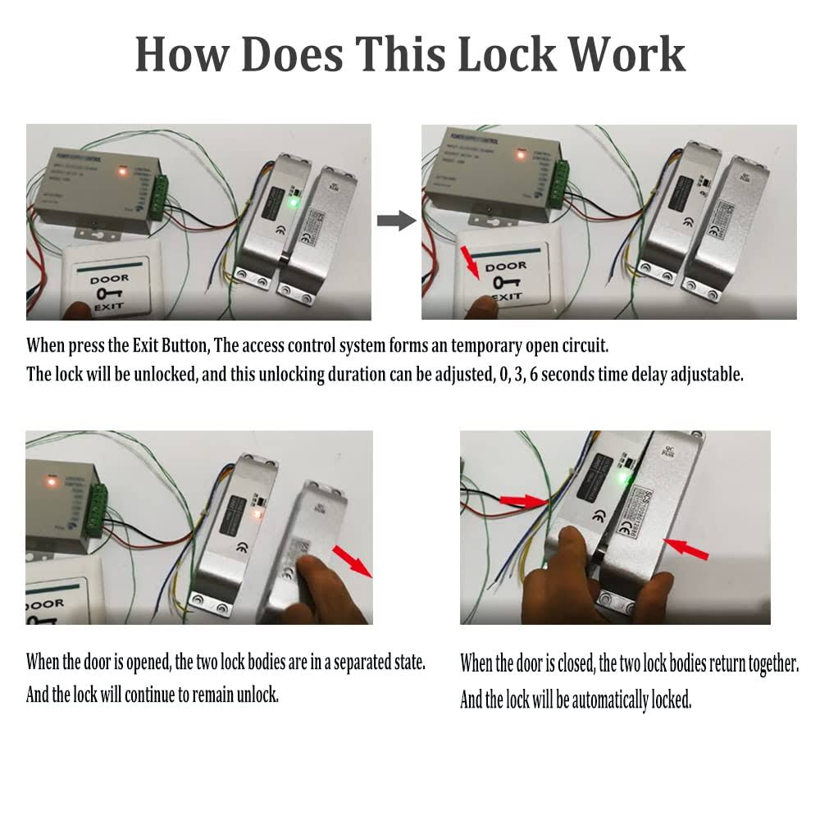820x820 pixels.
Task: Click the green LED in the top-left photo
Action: (x=292, y=201)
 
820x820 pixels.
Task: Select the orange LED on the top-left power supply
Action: (x=120, y=171)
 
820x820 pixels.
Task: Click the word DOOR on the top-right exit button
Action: (x=505, y=267)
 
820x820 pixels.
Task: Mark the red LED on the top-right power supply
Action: (x=519, y=153)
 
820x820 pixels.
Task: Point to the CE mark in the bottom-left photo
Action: (x=241, y=549)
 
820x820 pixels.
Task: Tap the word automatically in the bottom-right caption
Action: (x=609, y=700)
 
